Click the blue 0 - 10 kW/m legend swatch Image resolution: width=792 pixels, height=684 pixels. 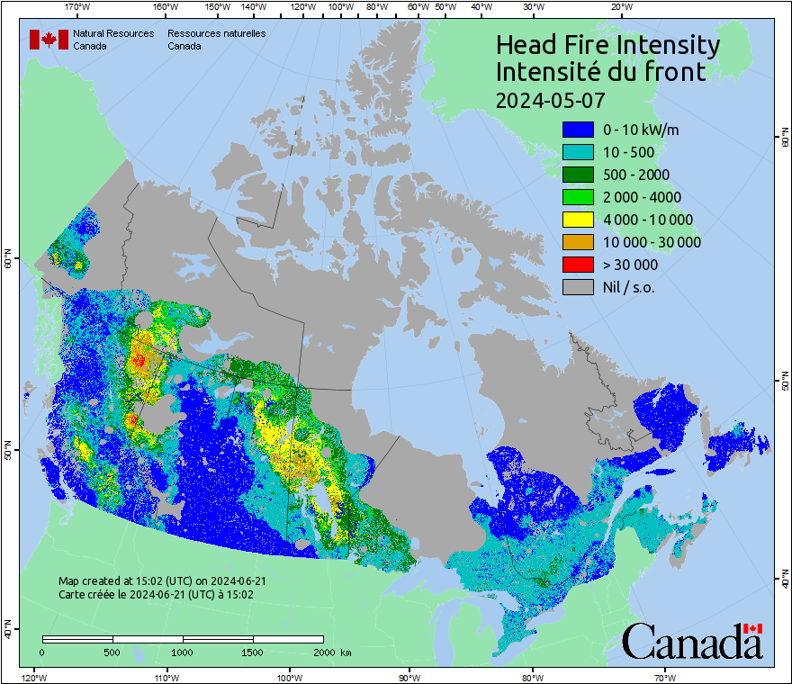pyautogui.click(x=578, y=130)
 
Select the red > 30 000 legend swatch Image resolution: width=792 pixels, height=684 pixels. pyautogui.click(x=578, y=265)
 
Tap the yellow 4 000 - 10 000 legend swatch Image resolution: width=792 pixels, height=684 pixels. pyautogui.click(x=578, y=220)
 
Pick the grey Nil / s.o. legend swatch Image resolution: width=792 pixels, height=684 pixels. pyautogui.click(x=578, y=287)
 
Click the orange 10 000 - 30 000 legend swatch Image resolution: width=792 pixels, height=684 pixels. pyautogui.click(x=578, y=242)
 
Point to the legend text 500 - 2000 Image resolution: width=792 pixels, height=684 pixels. pyautogui.click(x=636, y=175)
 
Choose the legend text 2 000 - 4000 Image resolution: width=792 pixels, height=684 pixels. pyautogui.click(x=642, y=197)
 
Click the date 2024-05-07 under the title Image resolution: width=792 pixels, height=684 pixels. pyautogui.click(x=550, y=99)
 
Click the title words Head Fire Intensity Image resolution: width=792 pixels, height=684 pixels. pyautogui.click(x=607, y=45)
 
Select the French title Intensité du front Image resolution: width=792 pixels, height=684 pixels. pyautogui.click(x=601, y=72)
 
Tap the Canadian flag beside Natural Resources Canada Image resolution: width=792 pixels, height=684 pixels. pyautogui.click(x=49, y=39)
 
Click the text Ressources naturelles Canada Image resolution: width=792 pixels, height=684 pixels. pyautogui.click(x=216, y=39)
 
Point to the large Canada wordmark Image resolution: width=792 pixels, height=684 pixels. pyautogui.click(x=691, y=642)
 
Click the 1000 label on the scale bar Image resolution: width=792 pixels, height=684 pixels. pyautogui.click(x=183, y=652)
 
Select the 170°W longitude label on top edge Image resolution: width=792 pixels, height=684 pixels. pyautogui.click(x=78, y=7)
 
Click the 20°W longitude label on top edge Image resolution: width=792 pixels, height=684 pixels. pyautogui.click(x=620, y=7)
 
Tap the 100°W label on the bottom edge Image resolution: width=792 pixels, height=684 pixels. pyautogui.click(x=289, y=677)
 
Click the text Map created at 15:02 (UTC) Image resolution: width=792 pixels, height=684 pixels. pyautogui.click(x=162, y=581)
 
